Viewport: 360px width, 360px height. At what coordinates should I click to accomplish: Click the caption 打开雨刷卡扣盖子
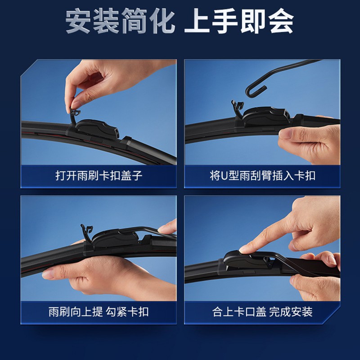point(99,175)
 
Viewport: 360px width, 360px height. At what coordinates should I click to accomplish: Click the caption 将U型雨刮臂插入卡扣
point(262,175)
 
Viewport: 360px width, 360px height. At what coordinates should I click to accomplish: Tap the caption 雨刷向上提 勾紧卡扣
point(99,312)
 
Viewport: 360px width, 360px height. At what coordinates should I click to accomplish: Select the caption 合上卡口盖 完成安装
point(262,312)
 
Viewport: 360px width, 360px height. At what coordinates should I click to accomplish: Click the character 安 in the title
point(78,21)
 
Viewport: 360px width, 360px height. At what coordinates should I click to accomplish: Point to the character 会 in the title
point(281,21)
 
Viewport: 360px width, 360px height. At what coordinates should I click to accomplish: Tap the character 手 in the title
point(225,21)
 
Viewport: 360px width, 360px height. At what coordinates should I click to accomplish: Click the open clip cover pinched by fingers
point(75,115)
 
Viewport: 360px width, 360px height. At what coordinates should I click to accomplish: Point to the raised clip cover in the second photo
point(238,108)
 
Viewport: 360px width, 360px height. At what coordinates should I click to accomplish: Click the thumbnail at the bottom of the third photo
point(48,274)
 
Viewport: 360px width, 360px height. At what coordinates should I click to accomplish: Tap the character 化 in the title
point(162,21)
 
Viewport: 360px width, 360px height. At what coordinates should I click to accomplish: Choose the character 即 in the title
point(253,21)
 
